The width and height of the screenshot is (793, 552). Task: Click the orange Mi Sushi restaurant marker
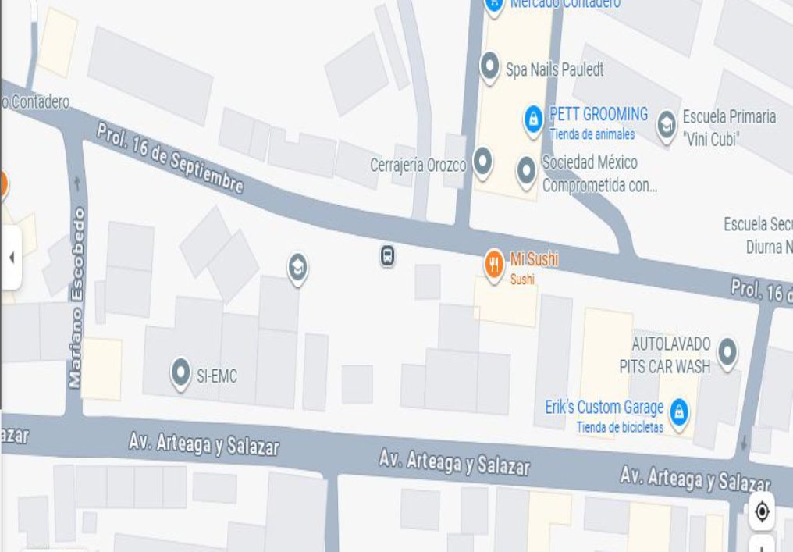tap(493, 265)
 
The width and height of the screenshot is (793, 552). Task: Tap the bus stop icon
tap(387, 255)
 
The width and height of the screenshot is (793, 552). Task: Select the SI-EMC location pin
tap(181, 372)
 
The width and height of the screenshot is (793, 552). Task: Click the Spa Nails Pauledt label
tap(554, 69)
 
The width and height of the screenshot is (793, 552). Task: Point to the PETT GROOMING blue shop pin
tap(533, 119)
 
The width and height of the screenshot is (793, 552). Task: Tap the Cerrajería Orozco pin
tap(483, 162)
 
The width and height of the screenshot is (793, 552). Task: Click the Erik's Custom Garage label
tap(604, 407)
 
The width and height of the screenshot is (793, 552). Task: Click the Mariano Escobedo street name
tap(76, 297)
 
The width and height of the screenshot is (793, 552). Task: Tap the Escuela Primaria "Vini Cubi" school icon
tap(666, 124)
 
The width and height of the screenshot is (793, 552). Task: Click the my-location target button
tap(762, 512)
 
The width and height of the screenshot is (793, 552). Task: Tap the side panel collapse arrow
tap(11, 258)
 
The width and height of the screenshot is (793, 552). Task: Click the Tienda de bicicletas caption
tap(620, 427)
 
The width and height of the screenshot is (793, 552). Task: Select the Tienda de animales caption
tap(592, 134)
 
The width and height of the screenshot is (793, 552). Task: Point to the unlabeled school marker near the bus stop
tap(297, 267)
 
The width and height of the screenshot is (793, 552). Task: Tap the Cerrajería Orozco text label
tap(418, 166)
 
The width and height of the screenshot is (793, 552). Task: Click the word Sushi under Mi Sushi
tap(522, 279)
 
